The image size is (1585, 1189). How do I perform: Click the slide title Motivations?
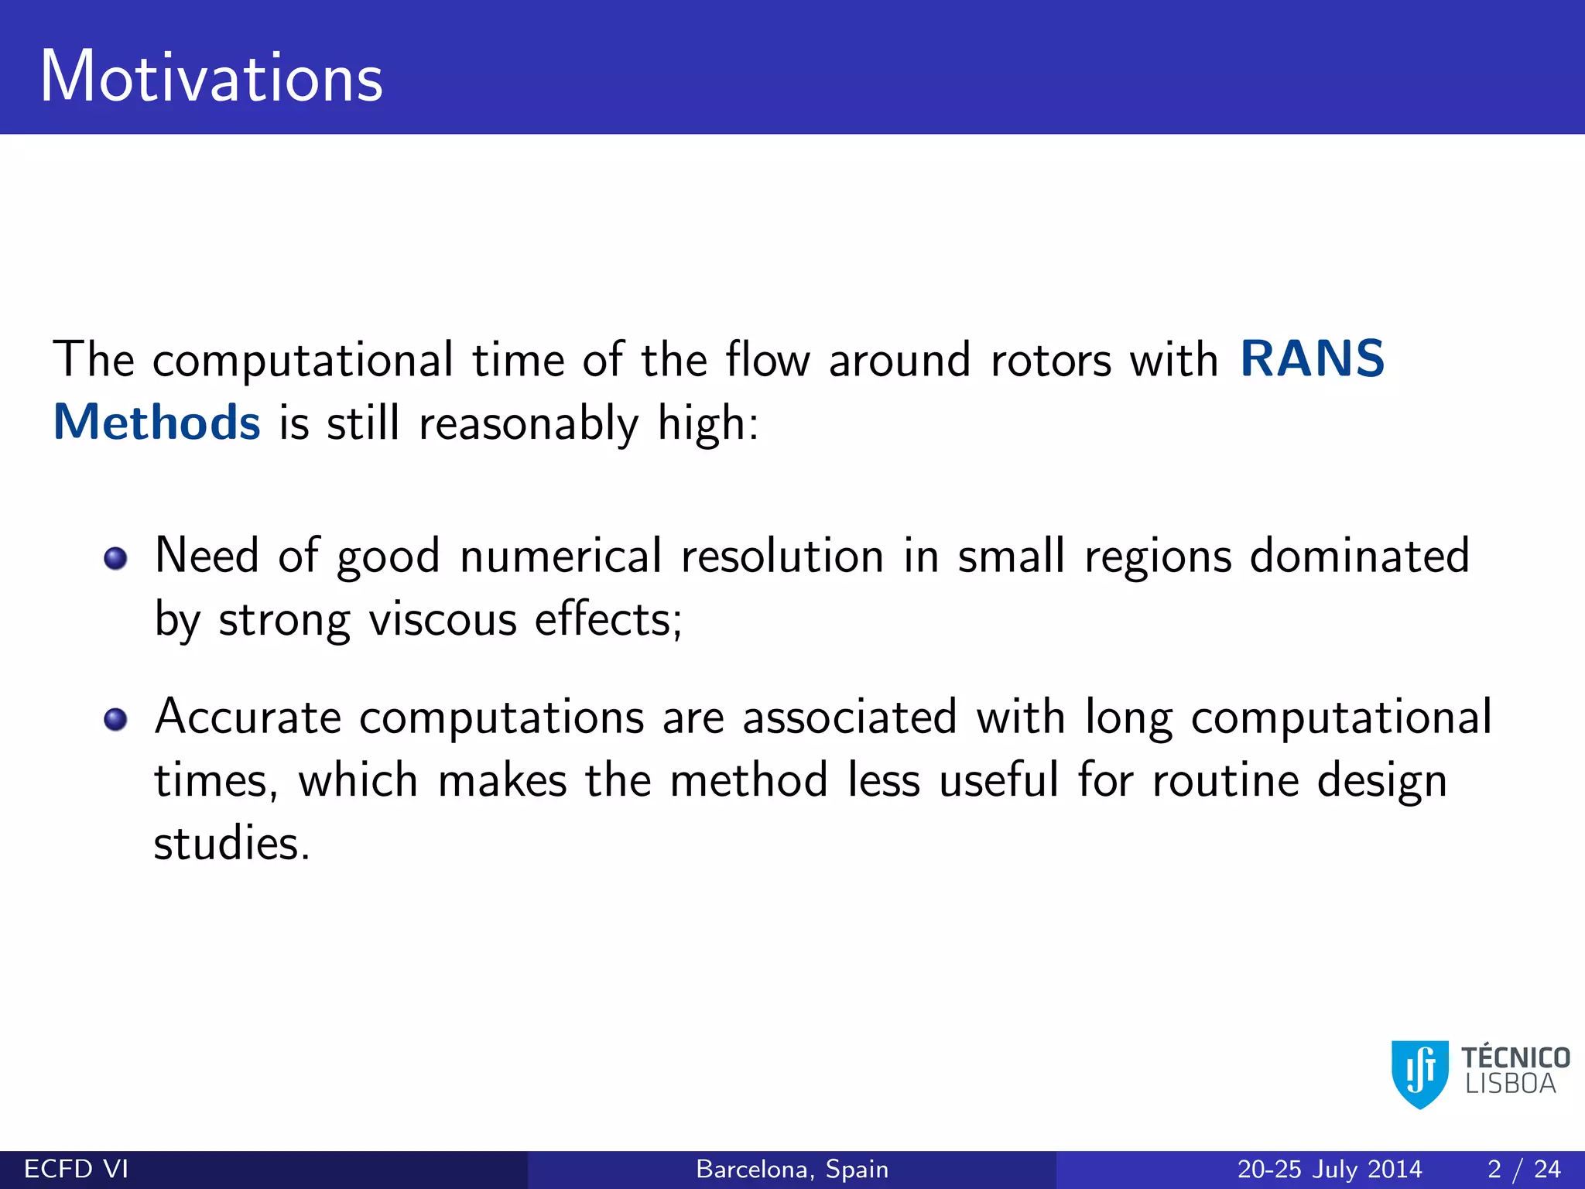click(x=211, y=77)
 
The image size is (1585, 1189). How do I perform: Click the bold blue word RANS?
click(x=1312, y=360)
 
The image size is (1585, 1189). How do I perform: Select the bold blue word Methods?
click(x=157, y=423)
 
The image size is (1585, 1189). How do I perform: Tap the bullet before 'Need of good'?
click(x=115, y=558)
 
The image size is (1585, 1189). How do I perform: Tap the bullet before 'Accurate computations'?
click(x=115, y=719)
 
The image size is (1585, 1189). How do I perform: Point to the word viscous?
click(x=442, y=621)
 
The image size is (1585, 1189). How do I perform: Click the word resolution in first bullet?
click(x=782, y=557)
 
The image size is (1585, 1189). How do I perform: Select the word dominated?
click(x=1359, y=557)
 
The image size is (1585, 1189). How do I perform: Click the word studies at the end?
click(x=231, y=844)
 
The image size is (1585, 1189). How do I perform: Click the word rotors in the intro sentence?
click(x=1050, y=361)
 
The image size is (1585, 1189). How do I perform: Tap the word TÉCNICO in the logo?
click(x=1515, y=1057)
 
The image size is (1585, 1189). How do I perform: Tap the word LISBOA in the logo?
click(x=1510, y=1084)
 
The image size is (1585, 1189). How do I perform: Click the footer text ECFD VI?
click(x=76, y=1169)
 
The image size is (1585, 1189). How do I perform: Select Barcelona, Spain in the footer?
click(x=792, y=1169)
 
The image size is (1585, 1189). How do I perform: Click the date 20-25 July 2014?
click(x=1329, y=1169)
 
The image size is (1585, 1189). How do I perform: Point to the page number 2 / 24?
click(x=1523, y=1169)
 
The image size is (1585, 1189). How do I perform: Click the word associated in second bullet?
click(x=849, y=718)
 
